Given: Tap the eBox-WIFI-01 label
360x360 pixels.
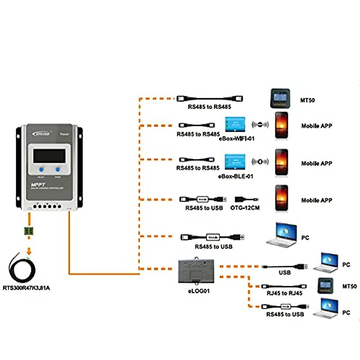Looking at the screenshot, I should tap(237, 139).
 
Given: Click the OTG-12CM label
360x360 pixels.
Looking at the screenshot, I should tap(245, 208).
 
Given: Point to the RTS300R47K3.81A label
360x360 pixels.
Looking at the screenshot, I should tap(26, 288).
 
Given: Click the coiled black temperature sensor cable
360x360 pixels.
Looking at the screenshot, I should tap(22, 269).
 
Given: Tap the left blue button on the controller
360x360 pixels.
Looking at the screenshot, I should tap(41, 169).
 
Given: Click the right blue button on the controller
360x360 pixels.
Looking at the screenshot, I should tap(58, 169).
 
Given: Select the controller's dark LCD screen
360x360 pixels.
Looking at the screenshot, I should tap(49, 156).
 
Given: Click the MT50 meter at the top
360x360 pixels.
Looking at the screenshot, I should tap(280, 98).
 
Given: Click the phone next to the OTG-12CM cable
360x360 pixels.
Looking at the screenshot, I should tap(282, 199).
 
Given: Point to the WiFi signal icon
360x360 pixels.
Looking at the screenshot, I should tap(260, 124).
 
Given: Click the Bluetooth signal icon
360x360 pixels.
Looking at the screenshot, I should tap(260, 162).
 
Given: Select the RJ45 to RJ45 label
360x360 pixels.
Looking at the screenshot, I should tap(284, 293).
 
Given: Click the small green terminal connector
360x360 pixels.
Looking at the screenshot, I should tap(29, 231).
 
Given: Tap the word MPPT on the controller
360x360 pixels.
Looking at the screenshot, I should tap(38, 184).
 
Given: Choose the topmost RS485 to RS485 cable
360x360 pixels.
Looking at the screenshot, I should tap(210, 99).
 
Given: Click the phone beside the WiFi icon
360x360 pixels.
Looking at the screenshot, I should tap(282, 125).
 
